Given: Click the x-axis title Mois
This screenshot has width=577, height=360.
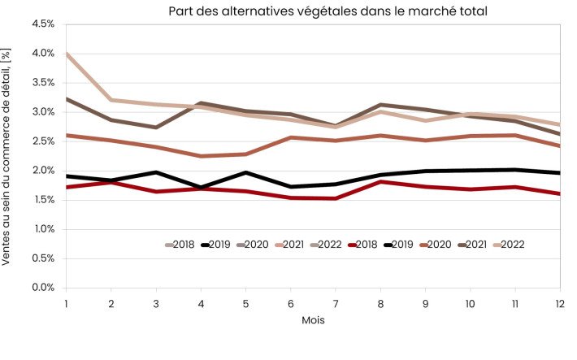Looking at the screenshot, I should click(313, 320).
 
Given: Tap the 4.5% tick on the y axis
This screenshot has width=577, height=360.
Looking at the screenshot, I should click(42, 24).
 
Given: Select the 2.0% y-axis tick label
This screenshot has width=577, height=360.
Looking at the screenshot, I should click(42, 171).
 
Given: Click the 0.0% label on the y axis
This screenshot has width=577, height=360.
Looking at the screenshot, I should click(42, 288).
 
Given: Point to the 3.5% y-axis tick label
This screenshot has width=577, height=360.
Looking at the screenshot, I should click(42, 83).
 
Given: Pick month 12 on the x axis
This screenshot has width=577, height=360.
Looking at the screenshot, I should click(559, 301).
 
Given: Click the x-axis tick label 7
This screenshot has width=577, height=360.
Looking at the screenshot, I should click(335, 301).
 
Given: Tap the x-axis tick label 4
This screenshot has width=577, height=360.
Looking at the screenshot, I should click(201, 301).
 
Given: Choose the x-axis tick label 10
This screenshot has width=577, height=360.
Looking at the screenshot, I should click(470, 301).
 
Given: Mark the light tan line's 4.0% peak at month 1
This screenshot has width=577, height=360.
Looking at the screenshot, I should click(67, 54).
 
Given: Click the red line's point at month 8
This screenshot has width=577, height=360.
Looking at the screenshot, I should click(380, 181).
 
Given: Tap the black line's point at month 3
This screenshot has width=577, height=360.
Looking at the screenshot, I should click(156, 172).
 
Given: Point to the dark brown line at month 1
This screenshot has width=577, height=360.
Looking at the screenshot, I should click(67, 99).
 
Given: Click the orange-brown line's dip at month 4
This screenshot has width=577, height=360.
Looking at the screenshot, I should click(201, 156).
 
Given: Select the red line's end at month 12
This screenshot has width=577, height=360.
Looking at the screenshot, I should click(559, 193).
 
